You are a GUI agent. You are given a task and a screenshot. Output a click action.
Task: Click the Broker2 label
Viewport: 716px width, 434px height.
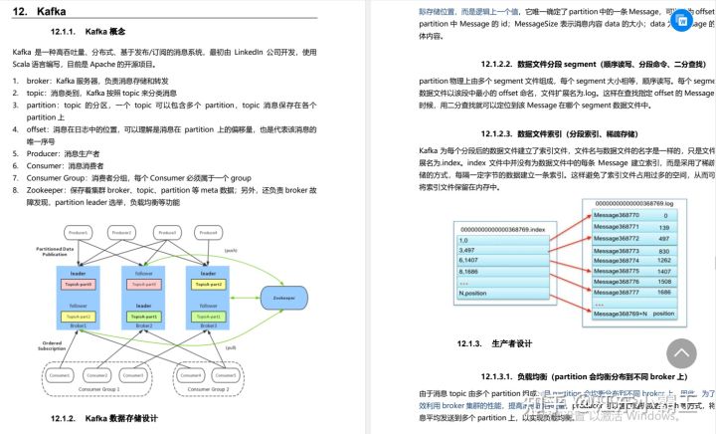pos(143,325)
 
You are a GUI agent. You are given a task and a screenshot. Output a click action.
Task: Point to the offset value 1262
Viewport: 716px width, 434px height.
pos(664,260)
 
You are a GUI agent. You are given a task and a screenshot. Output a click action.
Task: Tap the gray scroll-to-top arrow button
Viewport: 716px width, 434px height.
pos(681,353)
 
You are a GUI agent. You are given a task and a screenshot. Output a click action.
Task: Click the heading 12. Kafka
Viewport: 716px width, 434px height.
pos(39,12)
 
